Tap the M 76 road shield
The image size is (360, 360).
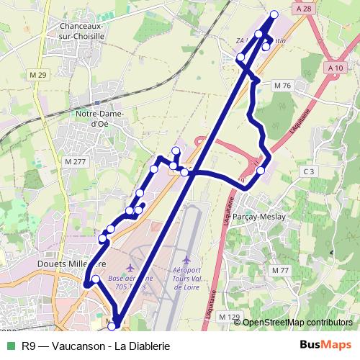pos(282,85)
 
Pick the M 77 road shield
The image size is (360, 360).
pos(279,269)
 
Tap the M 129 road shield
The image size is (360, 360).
pos(228,317)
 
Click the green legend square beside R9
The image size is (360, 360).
pos(11,345)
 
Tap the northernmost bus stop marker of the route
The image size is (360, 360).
pos(274,14)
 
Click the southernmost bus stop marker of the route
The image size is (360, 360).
pos(112,327)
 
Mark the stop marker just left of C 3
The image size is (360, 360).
pos(261,170)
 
